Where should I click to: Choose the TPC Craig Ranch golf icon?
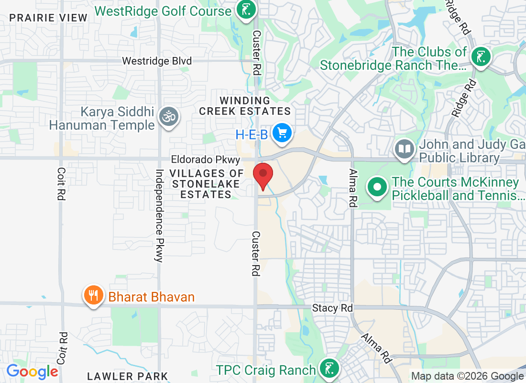[329, 369]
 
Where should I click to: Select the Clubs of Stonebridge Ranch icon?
[481, 57]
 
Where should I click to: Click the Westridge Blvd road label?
[157, 61]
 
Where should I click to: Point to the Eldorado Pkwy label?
[206, 160]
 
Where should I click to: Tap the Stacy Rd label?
[332, 308]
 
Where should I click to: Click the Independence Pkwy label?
[159, 215]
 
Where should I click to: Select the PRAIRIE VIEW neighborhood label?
[49, 18]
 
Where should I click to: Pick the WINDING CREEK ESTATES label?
[245, 106]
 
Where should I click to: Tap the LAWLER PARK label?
[128, 376]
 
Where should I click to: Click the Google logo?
[32, 371]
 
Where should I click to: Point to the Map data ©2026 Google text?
[467, 377]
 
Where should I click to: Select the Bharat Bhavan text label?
[152, 297]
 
